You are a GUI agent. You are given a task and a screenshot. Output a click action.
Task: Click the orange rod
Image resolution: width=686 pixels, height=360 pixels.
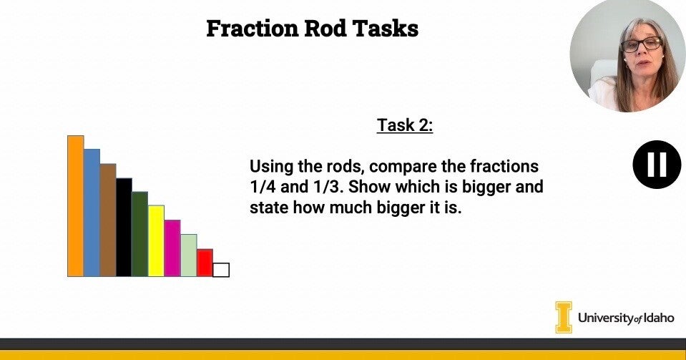point(75,206)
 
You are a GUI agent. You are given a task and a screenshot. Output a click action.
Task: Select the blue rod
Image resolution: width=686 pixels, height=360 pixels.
point(92,213)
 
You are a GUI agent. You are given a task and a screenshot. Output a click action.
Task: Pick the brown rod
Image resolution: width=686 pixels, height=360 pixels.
point(108,220)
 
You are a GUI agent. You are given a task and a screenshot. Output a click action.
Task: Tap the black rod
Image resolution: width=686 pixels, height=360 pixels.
point(124,228)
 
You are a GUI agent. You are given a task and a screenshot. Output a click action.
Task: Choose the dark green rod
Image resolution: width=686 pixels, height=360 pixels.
point(140,234)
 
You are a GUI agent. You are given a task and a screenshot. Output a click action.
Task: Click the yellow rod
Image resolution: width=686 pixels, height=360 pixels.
point(156,241)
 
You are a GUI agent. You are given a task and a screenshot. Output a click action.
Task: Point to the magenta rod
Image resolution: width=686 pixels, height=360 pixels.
point(172,248)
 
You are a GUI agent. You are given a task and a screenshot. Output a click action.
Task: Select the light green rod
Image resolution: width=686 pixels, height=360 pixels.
point(189,256)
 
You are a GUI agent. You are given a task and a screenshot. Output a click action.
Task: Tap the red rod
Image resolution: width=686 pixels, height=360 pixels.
point(205,263)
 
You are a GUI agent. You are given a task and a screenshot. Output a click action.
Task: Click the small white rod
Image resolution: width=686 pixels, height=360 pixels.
point(221,270)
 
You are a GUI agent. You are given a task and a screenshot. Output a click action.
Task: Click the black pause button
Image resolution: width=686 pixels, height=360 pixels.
point(657,165)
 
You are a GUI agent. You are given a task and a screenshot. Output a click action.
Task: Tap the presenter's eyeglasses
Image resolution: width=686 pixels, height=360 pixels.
point(642,44)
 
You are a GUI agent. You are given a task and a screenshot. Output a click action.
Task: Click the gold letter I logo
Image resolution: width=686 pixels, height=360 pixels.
point(564,317)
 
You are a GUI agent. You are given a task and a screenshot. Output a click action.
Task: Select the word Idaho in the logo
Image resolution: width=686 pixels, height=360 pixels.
point(659,318)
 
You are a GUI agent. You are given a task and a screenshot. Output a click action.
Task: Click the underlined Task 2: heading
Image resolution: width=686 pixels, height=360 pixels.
point(405,125)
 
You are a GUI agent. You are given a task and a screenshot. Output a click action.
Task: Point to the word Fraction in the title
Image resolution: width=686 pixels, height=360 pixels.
point(253,29)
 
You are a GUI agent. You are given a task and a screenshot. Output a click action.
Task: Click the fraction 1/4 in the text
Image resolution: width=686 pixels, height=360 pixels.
point(263,187)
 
